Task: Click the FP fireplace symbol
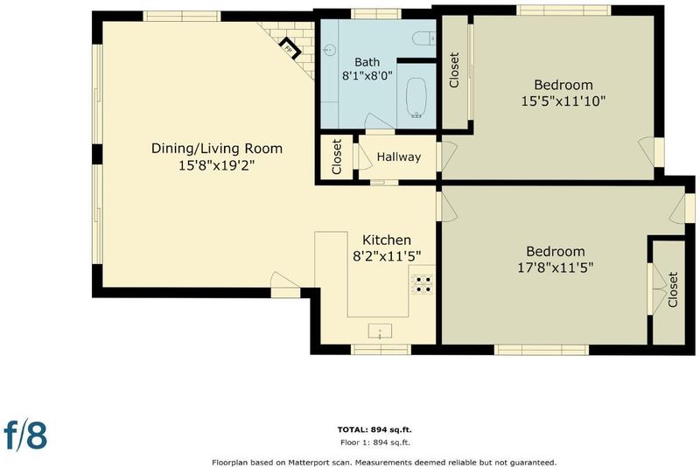point(290,48)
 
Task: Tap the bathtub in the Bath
point(416,98)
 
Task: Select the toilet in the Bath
point(423,38)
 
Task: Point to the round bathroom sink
point(330,49)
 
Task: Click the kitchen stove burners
point(422,284)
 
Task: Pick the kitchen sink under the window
point(380,331)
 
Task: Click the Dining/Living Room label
point(217,149)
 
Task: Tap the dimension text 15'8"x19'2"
point(216,165)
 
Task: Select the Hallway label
point(399,157)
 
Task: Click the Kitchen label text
point(387,240)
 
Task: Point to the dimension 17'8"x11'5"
point(556,268)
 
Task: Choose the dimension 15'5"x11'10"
point(563,101)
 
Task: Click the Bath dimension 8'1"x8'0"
point(367,76)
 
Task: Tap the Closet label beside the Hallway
point(337,157)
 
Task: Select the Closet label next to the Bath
point(454,70)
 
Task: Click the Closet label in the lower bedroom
point(673,289)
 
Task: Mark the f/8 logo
point(25,435)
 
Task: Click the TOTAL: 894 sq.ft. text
point(374,430)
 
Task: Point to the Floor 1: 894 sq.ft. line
point(375,443)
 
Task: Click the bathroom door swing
point(374,122)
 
